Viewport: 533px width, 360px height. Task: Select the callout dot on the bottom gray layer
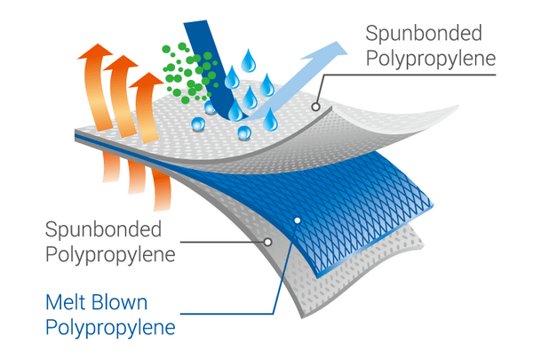(267, 241)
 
